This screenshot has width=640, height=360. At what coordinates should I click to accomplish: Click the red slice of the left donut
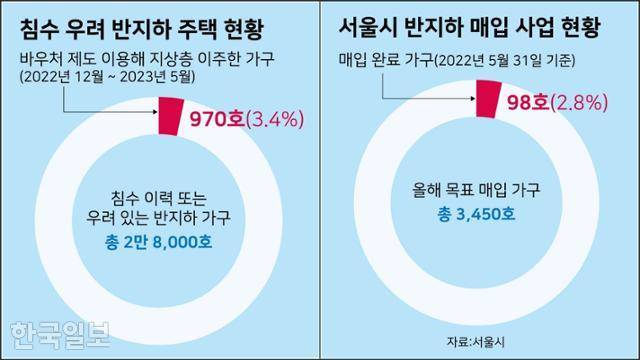[x=172, y=114]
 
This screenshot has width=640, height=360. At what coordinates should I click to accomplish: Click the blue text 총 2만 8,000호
[x=166, y=240]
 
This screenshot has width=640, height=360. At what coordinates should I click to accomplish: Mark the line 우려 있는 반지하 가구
[x=166, y=215]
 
